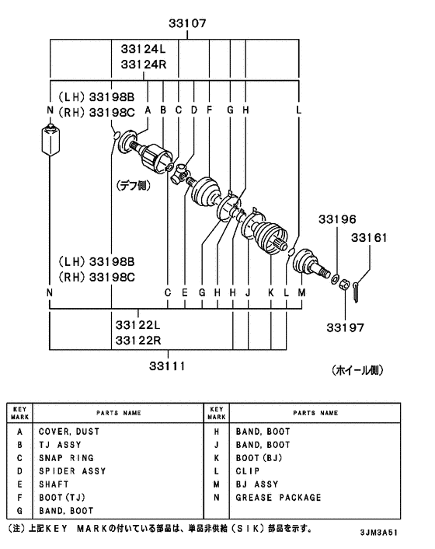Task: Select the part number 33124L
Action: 144,49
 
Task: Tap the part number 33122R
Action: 137,341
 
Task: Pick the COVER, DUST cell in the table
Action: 69,431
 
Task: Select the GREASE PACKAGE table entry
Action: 277,498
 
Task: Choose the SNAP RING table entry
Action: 66,458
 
